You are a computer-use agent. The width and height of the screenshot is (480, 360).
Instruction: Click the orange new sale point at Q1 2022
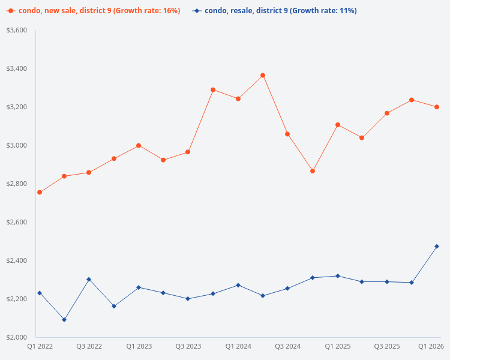tap(40, 193)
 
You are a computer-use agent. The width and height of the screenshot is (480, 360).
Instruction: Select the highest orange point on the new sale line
tap(263, 76)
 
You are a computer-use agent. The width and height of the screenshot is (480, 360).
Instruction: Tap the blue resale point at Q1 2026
tap(437, 247)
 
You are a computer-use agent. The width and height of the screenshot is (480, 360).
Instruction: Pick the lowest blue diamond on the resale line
tap(64, 320)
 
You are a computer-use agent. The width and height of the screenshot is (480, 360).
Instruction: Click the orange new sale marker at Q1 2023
tap(139, 146)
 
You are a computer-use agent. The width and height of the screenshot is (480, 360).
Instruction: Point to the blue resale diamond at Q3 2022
tap(89, 280)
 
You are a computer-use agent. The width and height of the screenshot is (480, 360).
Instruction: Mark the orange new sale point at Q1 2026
tap(437, 107)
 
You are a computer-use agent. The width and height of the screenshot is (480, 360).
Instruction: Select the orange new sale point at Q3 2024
tap(287, 134)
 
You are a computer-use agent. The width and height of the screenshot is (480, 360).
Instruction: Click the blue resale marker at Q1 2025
tap(337, 276)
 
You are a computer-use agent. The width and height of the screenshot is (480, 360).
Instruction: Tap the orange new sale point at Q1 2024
tap(238, 99)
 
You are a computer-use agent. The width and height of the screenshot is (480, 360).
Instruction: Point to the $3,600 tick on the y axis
tap(17, 30)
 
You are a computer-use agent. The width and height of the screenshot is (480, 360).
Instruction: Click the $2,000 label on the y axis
tap(17, 337)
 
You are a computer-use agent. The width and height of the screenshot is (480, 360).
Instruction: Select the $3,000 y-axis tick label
tap(17, 145)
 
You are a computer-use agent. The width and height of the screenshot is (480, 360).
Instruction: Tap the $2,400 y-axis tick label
tap(17, 260)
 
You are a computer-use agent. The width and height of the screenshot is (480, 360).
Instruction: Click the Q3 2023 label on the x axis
tap(188, 347)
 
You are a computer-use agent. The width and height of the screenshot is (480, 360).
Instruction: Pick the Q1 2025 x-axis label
tap(337, 347)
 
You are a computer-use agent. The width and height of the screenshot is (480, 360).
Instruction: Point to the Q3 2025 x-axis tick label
tap(387, 347)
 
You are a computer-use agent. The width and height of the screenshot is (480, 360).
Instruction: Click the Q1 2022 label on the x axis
tap(40, 347)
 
